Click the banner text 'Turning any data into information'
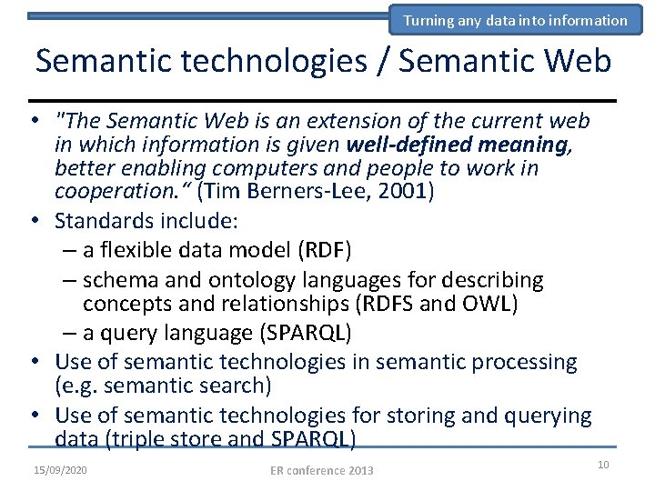coord(515,20)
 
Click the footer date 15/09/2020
coord(60,469)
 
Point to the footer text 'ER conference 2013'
coord(322,470)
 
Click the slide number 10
coord(602,465)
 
